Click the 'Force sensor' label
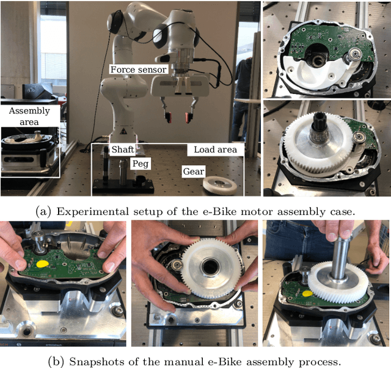[x=138, y=70]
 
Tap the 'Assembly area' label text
[x=29, y=116]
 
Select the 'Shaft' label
[x=122, y=150]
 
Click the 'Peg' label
[x=141, y=164]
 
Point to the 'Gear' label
[x=194, y=171]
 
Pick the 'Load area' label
[x=215, y=150]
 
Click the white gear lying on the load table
[x=220, y=186]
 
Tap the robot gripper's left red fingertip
[x=169, y=118]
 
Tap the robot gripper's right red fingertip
[x=188, y=117]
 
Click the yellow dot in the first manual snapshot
[x=42, y=264]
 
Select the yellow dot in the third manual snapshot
[x=308, y=294]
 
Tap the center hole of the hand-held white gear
[x=211, y=267]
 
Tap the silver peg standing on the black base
[x=123, y=172]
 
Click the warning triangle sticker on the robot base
[x=123, y=131]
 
